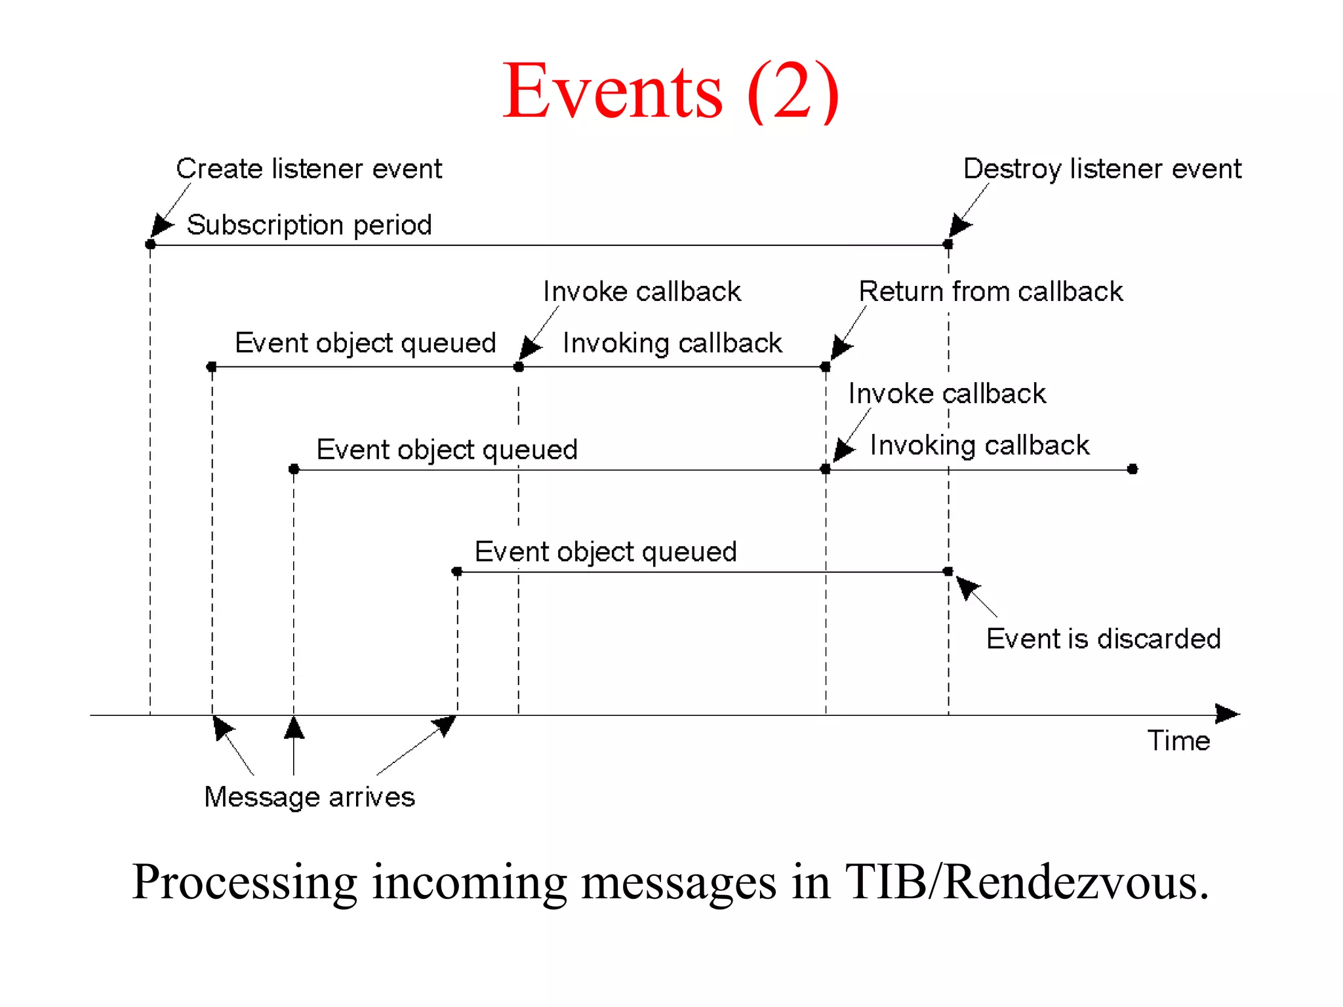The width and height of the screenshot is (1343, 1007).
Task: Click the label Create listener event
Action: (x=309, y=169)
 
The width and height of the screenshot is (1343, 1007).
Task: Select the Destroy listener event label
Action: (x=1102, y=169)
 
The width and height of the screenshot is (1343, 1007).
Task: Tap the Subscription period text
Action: (x=309, y=225)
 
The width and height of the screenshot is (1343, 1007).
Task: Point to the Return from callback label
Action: (x=990, y=292)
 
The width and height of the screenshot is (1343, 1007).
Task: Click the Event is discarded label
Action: (x=1103, y=639)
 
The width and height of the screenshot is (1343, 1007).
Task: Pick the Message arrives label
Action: (x=309, y=797)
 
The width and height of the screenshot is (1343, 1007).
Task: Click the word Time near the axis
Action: (x=1178, y=741)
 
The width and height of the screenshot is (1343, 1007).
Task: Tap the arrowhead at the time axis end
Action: (x=1227, y=713)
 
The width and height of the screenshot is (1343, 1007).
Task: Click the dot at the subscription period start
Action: (x=150, y=245)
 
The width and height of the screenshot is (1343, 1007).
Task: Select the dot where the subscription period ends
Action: (x=948, y=245)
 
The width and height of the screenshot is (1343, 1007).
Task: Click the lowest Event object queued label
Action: (x=605, y=552)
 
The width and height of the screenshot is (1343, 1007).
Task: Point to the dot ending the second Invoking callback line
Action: (x=1133, y=469)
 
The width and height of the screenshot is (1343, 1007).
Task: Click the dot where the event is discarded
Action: (x=948, y=572)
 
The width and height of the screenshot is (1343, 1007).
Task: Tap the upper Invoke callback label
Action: (x=641, y=292)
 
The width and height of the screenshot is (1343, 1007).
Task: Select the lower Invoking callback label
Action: (x=979, y=446)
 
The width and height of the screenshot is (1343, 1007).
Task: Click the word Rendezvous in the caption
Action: (x=1075, y=882)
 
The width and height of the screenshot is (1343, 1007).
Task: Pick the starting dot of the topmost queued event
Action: (x=211, y=366)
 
